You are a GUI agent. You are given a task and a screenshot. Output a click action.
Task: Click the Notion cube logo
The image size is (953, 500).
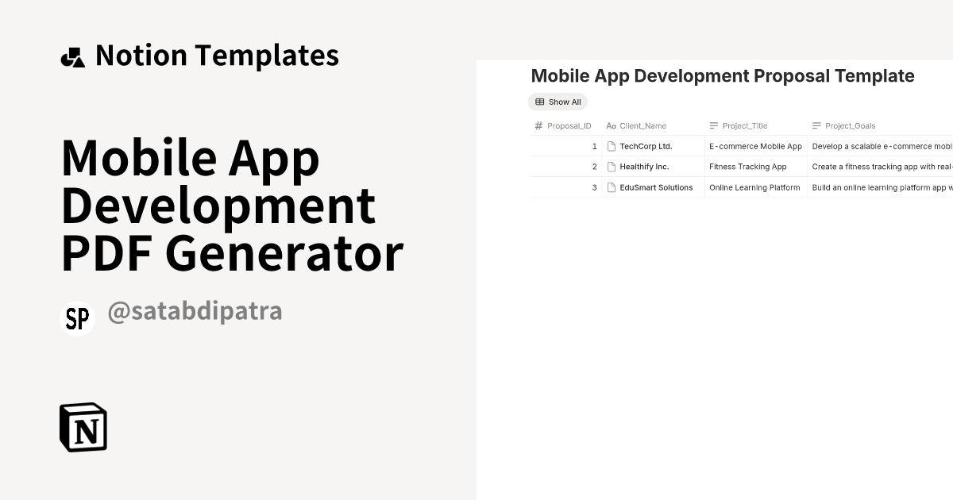(x=83, y=427)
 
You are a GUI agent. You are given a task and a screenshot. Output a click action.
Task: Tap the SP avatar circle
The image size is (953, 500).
(x=77, y=318)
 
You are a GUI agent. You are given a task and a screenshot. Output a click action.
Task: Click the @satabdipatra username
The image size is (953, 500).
(x=195, y=310)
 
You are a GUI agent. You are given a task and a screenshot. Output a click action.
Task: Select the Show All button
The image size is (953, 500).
(x=558, y=102)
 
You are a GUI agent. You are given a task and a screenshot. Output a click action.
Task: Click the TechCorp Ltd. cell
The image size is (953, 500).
(x=646, y=146)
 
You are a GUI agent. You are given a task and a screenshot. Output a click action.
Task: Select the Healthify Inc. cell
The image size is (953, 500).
(x=644, y=167)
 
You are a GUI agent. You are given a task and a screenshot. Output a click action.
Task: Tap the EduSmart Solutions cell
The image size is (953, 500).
(x=656, y=187)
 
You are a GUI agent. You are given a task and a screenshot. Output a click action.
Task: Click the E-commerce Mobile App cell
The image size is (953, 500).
(x=755, y=146)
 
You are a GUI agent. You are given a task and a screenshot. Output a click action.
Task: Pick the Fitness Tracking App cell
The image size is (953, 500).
(x=747, y=167)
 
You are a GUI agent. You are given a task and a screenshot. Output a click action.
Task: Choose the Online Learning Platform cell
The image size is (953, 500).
(x=754, y=187)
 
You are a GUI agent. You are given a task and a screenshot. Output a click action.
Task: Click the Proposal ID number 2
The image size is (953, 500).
(x=594, y=167)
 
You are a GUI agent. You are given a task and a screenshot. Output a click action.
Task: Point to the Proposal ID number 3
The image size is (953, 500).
(x=594, y=187)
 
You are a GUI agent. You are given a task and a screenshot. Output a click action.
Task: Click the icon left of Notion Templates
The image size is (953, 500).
(x=72, y=56)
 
